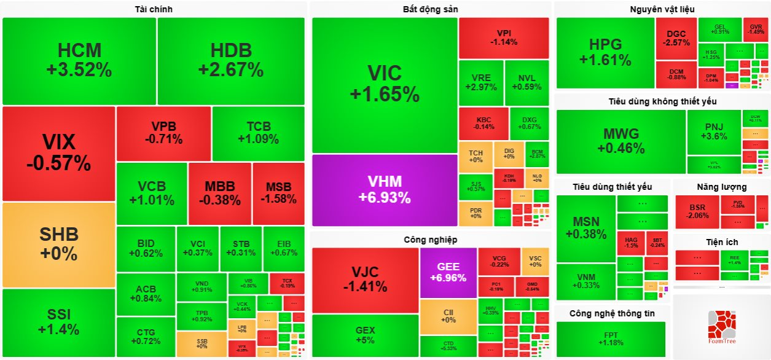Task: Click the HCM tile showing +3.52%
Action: click(x=79, y=60)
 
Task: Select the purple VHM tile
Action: click(x=385, y=189)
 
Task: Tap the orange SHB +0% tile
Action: click(x=58, y=244)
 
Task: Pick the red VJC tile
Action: click(x=365, y=279)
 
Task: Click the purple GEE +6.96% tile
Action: click(x=448, y=273)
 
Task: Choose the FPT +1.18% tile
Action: click(x=611, y=338)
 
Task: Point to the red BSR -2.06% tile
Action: click(x=697, y=211)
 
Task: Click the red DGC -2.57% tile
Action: click(x=676, y=38)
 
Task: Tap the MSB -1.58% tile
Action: click(x=278, y=193)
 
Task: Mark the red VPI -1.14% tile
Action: click(x=504, y=37)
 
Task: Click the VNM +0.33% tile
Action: click(x=585, y=281)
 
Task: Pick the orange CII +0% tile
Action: click(x=448, y=316)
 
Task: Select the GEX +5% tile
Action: click(x=365, y=335)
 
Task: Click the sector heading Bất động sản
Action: click(x=430, y=9)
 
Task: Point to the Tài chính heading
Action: click(x=154, y=9)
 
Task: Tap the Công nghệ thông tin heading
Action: click(x=612, y=313)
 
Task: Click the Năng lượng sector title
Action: click(x=721, y=187)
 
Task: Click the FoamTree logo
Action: click(x=721, y=327)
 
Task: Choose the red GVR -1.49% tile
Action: click(x=756, y=29)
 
